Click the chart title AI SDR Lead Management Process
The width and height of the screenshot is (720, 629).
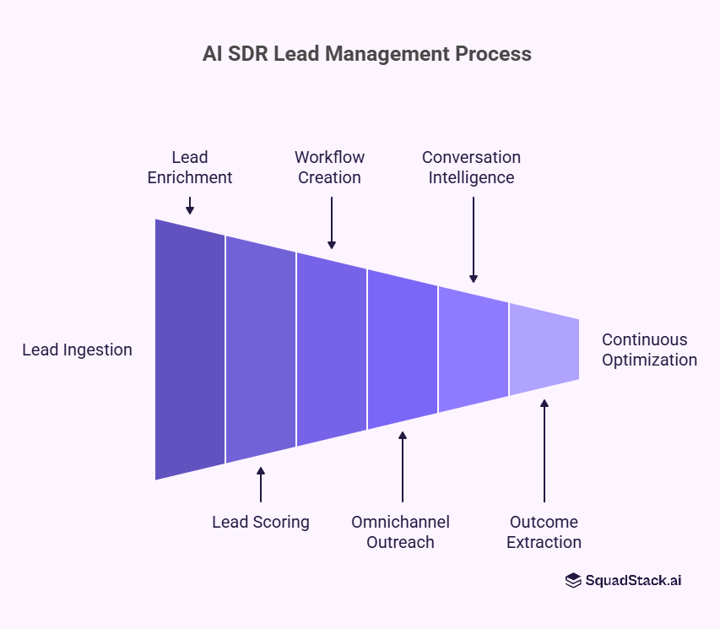[x=367, y=54]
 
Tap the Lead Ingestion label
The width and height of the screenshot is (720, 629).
[x=77, y=350]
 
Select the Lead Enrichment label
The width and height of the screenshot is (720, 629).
[x=190, y=167]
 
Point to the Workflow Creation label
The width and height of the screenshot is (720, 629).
[x=329, y=167]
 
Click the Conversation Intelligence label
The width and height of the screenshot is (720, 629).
[x=471, y=167]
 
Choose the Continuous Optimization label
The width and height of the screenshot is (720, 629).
[x=649, y=350]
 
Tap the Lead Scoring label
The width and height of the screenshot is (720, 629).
[x=260, y=522]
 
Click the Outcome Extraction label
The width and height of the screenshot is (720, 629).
[x=544, y=532]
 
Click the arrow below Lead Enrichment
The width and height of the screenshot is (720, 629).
[x=190, y=205]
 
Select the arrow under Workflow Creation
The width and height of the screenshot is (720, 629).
[x=332, y=223]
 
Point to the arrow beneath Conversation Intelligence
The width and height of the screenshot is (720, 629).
[x=474, y=240]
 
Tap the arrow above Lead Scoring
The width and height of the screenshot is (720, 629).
[x=261, y=485]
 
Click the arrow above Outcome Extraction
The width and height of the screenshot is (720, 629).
[x=544, y=451]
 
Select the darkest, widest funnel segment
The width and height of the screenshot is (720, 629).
[x=190, y=350]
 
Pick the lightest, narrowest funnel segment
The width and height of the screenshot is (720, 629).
[x=544, y=350]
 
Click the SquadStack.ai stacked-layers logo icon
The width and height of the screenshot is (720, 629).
[x=573, y=580]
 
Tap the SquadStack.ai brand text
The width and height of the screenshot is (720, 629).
[x=633, y=580]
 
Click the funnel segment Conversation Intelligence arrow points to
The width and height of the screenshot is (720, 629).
[x=473, y=350]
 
